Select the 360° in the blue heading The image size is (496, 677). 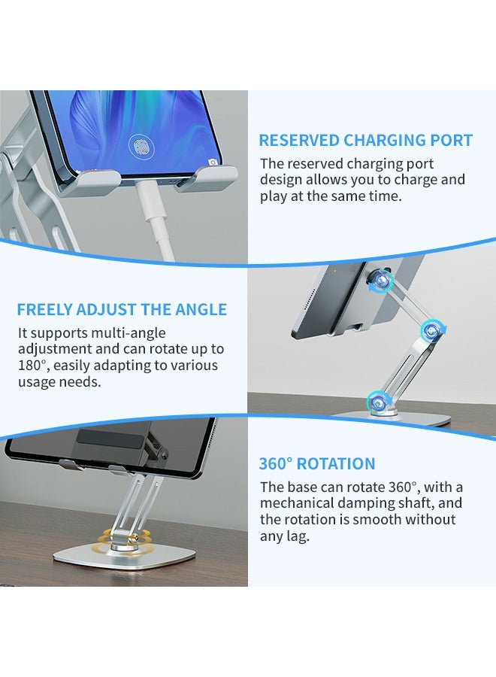pyautogui.click(x=276, y=464)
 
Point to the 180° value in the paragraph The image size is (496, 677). pyautogui.click(x=32, y=366)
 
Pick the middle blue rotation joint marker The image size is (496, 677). pyautogui.click(x=431, y=329)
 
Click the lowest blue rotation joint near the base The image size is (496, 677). pyautogui.click(x=377, y=401)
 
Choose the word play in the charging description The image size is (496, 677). pyautogui.click(x=274, y=196)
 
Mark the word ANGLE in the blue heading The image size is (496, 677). pyautogui.click(x=199, y=310)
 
